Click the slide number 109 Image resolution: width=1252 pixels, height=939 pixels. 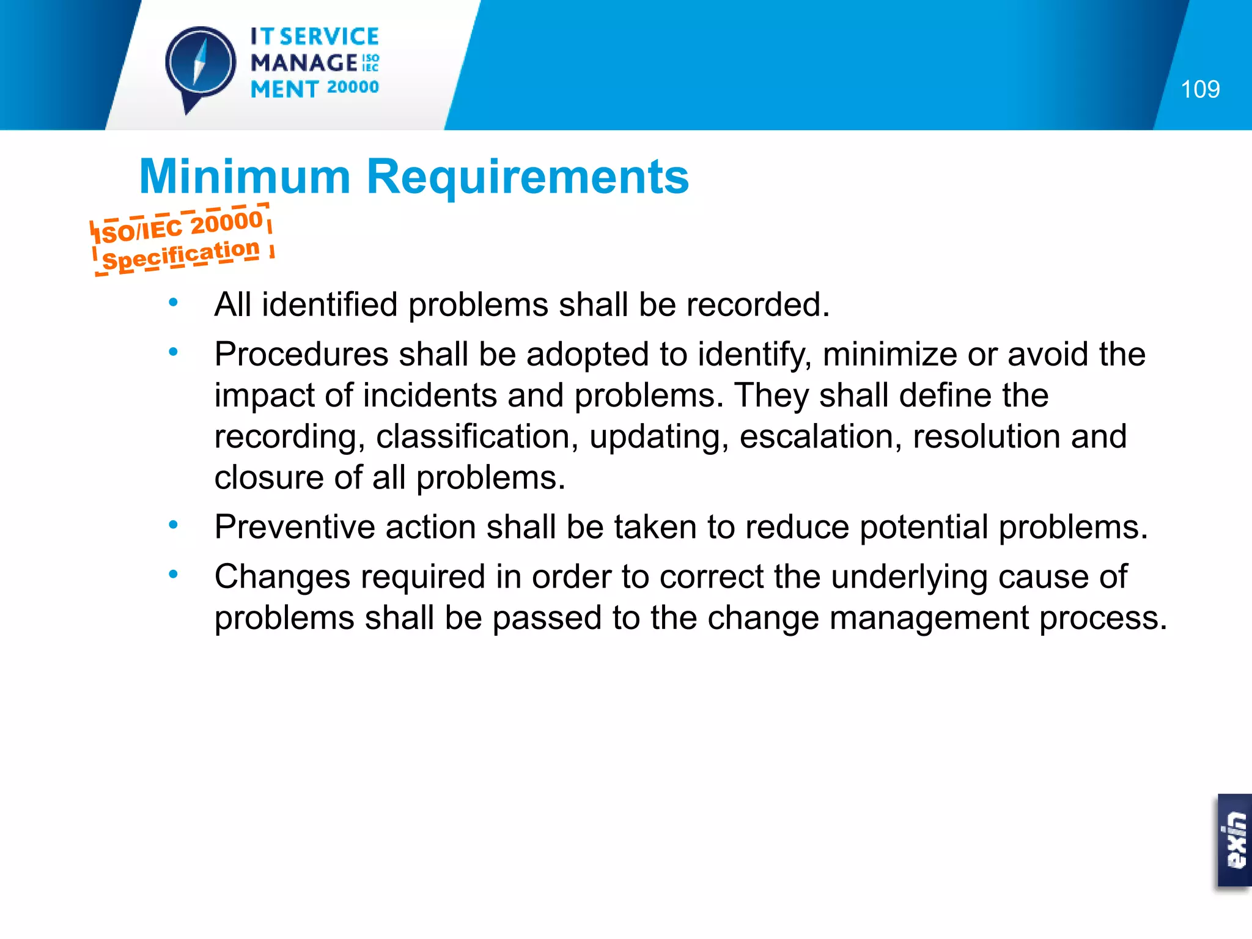(1200, 89)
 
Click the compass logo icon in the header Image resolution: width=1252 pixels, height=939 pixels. (201, 64)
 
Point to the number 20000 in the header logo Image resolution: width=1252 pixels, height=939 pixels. (353, 87)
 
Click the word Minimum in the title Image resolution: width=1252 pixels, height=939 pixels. (245, 177)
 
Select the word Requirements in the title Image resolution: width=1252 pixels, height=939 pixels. (528, 177)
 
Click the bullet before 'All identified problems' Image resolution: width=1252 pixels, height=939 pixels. (174, 302)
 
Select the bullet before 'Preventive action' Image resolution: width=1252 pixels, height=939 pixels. (174, 525)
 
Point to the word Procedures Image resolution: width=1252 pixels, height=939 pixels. (301, 355)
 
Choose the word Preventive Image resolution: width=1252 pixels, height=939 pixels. (294, 527)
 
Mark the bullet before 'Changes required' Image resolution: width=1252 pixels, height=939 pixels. (174, 574)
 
